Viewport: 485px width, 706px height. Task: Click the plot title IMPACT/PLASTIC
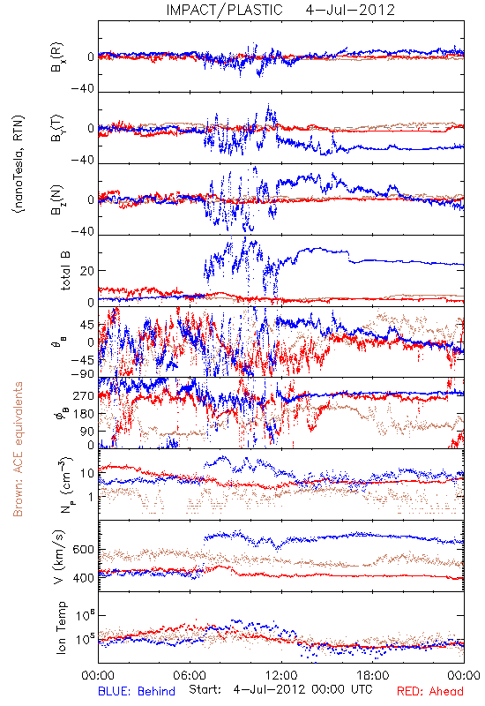click(224, 10)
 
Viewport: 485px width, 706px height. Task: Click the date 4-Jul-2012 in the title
click(350, 10)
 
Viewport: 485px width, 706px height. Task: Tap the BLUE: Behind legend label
click(137, 691)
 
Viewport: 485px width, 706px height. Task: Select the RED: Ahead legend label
click(430, 691)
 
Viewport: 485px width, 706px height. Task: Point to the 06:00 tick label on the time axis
click(190, 676)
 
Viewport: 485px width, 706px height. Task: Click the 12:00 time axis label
click(281, 676)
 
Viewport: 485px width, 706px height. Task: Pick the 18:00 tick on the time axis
click(373, 676)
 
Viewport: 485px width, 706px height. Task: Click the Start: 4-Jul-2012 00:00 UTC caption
click(280, 689)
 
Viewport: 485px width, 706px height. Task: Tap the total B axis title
click(65, 271)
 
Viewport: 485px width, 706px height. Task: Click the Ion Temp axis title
click(61, 627)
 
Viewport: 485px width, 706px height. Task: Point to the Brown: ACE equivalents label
click(18, 449)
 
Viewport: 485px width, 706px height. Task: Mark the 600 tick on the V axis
click(84, 549)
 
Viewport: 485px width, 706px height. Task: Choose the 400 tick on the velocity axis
click(84, 578)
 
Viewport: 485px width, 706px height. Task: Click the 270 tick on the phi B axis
click(84, 396)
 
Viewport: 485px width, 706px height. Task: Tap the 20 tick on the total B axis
click(87, 271)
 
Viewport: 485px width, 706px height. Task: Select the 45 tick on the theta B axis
click(86, 325)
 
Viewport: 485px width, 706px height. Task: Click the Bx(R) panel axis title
click(57, 57)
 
